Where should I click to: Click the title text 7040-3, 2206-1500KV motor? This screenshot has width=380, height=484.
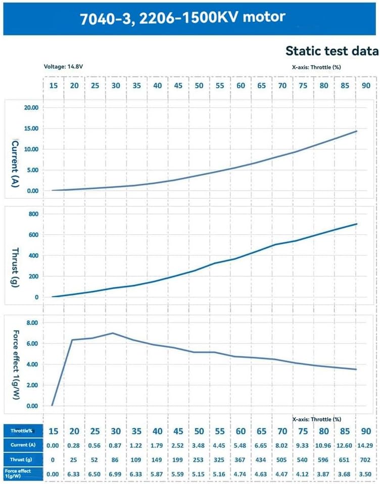[x=182, y=18]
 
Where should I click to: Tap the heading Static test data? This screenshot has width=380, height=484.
[x=331, y=50]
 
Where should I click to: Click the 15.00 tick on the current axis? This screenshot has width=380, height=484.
[x=31, y=129]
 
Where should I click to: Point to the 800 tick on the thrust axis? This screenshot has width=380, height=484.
[x=33, y=214]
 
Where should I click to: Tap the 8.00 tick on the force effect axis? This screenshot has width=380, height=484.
[x=32, y=322]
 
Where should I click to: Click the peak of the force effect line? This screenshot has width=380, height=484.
[x=112, y=333]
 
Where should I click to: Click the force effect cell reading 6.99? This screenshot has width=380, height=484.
[x=116, y=474]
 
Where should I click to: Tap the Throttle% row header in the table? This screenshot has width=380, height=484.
[x=22, y=431]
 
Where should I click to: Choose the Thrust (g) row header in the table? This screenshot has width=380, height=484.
[x=22, y=459]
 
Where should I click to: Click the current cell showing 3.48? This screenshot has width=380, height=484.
[x=199, y=445]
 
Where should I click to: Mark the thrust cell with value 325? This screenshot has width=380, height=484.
[x=220, y=459]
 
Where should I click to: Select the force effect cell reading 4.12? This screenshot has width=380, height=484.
[x=303, y=474]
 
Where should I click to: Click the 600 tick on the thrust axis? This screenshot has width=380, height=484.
[x=33, y=235]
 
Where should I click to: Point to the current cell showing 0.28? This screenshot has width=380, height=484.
[x=74, y=445]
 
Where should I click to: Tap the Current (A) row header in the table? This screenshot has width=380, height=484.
[x=22, y=445]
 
